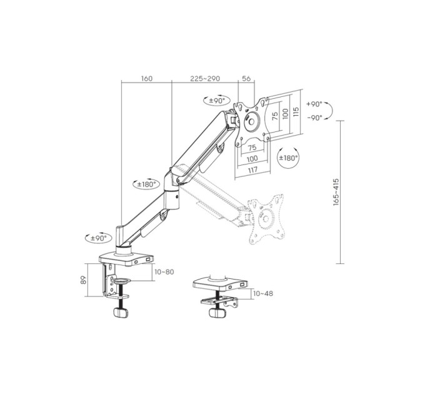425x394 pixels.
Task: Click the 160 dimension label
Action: (x=147, y=78)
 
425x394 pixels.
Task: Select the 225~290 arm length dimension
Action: (x=205, y=78)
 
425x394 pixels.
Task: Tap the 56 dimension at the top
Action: (x=246, y=78)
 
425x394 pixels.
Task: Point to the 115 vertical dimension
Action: (x=296, y=112)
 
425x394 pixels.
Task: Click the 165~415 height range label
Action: (x=336, y=192)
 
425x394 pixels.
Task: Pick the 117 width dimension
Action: (x=252, y=170)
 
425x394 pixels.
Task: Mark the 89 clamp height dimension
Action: (x=84, y=280)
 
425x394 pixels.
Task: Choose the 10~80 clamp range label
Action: (x=164, y=271)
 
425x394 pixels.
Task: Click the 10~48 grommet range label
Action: (x=263, y=293)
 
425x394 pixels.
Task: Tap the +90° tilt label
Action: (x=314, y=104)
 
